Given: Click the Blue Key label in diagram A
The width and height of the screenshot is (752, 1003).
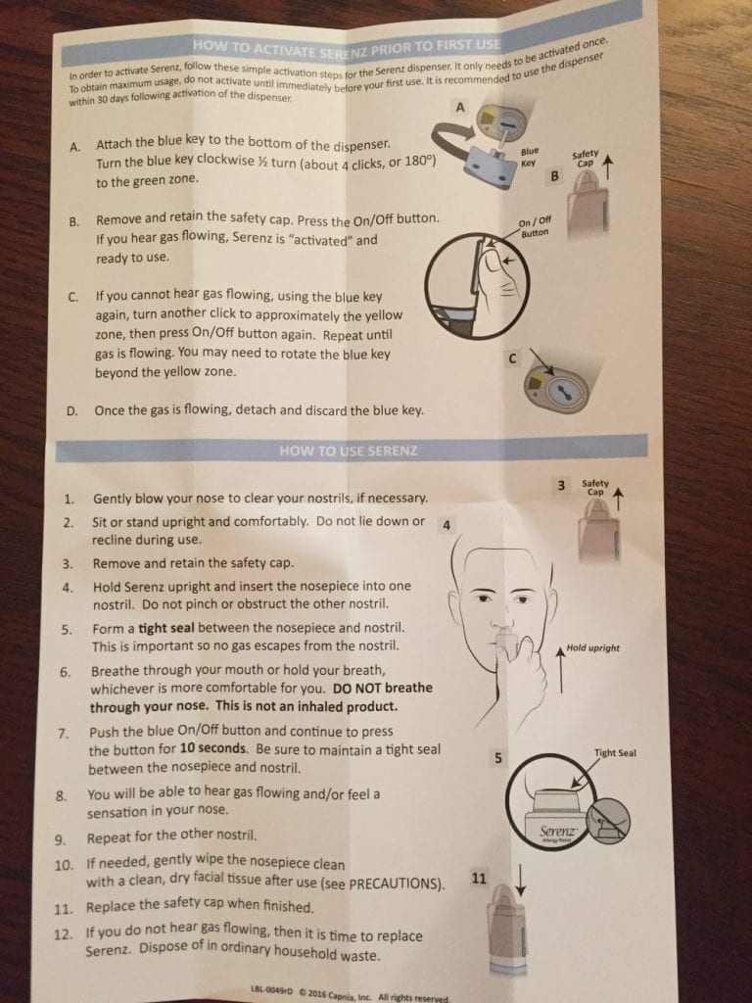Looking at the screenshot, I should [529, 157].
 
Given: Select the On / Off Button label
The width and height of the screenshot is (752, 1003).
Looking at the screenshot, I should [534, 227].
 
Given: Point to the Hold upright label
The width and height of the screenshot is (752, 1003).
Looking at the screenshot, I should [592, 648].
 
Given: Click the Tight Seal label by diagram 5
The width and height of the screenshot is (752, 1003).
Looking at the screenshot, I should [615, 753].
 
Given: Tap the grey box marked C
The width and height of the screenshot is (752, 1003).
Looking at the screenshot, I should [511, 359].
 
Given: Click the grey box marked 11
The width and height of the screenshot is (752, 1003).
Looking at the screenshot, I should [479, 880].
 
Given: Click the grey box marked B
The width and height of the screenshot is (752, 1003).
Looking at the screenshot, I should [554, 176].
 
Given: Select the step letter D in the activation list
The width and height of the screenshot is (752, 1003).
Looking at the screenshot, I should [72, 411].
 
